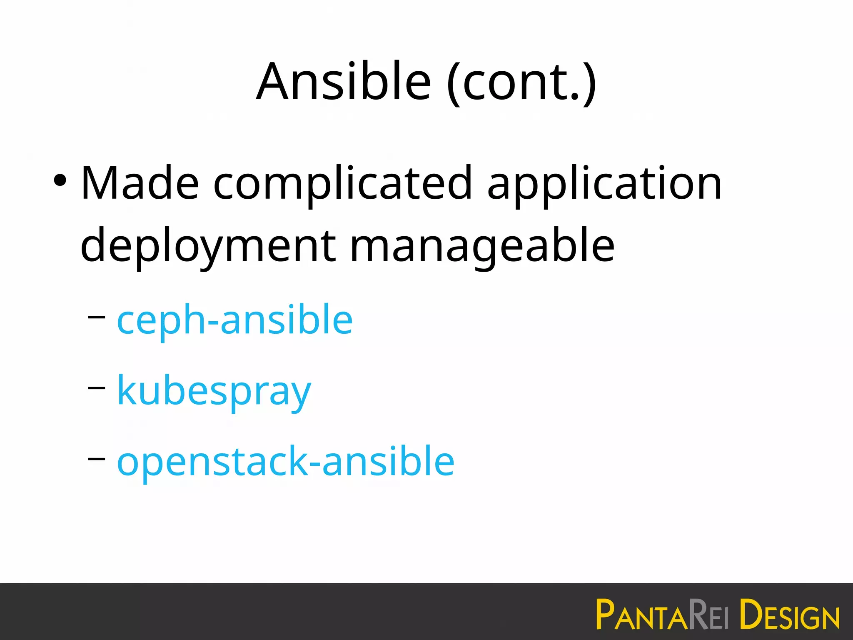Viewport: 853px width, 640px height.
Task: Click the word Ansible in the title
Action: [x=344, y=81]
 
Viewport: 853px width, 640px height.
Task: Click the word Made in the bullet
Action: [x=140, y=183]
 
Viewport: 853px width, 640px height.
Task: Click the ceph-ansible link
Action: [x=235, y=320]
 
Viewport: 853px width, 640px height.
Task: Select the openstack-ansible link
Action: [x=286, y=462]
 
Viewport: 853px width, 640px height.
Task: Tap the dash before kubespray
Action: [x=97, y=387]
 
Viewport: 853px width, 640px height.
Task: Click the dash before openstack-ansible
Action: [x=97, y=458]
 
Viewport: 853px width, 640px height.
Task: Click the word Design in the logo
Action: [x=789, y=614]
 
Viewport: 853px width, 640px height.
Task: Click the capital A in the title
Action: [x=273, y=81]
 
